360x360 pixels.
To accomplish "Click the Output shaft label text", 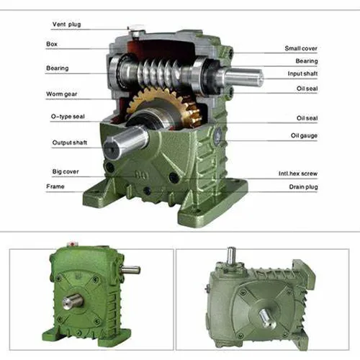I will click(70, 143).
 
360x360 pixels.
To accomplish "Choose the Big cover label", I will click(66, 171).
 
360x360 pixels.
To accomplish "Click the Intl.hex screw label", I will click(300, 174).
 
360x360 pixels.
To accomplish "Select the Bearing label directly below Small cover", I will click(307, 61).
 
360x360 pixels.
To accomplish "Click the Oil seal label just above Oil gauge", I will click(307, 118).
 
